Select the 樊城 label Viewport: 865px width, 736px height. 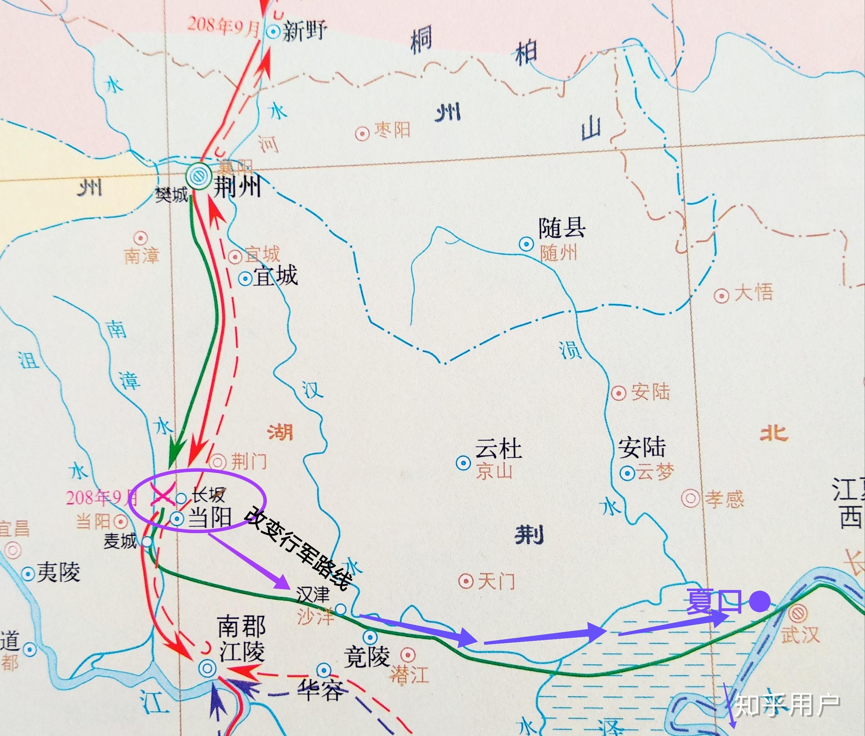(172, 195)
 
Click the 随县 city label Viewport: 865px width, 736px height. (562, 229)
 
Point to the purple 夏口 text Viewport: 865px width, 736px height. (714, 601)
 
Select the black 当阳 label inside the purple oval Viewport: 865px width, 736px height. (210, 518)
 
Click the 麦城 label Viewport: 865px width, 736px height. (120, 541)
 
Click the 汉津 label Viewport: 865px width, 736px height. (313, 594)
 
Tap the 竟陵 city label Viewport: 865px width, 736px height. (366, 656)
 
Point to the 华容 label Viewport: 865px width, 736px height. (321, 691)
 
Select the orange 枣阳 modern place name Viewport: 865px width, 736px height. (392, 131)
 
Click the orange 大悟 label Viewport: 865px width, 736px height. (754, 292)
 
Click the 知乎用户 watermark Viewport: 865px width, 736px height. (788, 705)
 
